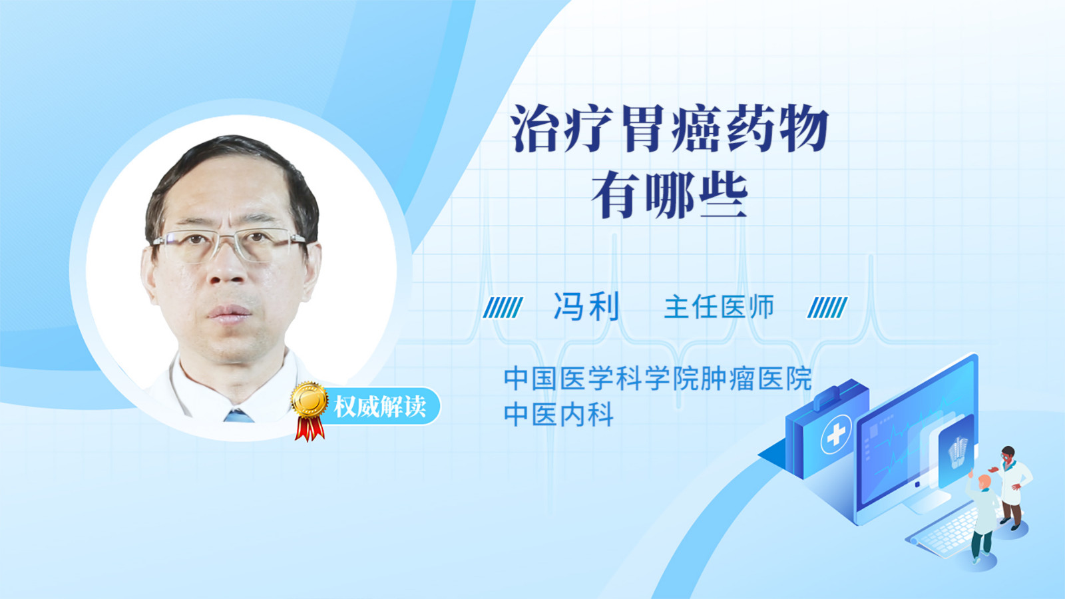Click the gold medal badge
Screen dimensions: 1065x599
310,400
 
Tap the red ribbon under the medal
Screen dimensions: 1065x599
310,429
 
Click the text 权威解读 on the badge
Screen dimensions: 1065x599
380,407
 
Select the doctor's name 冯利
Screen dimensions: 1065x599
586,307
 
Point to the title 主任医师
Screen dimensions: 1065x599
719,307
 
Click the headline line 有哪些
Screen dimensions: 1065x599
670,196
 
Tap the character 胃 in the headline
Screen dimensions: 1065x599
644,129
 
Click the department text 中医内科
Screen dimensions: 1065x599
558,415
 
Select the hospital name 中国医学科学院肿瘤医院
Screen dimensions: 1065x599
658,379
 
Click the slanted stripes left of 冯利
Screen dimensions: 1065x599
503,307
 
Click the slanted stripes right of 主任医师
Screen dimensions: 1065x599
827,307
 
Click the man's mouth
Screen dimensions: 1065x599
229,312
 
